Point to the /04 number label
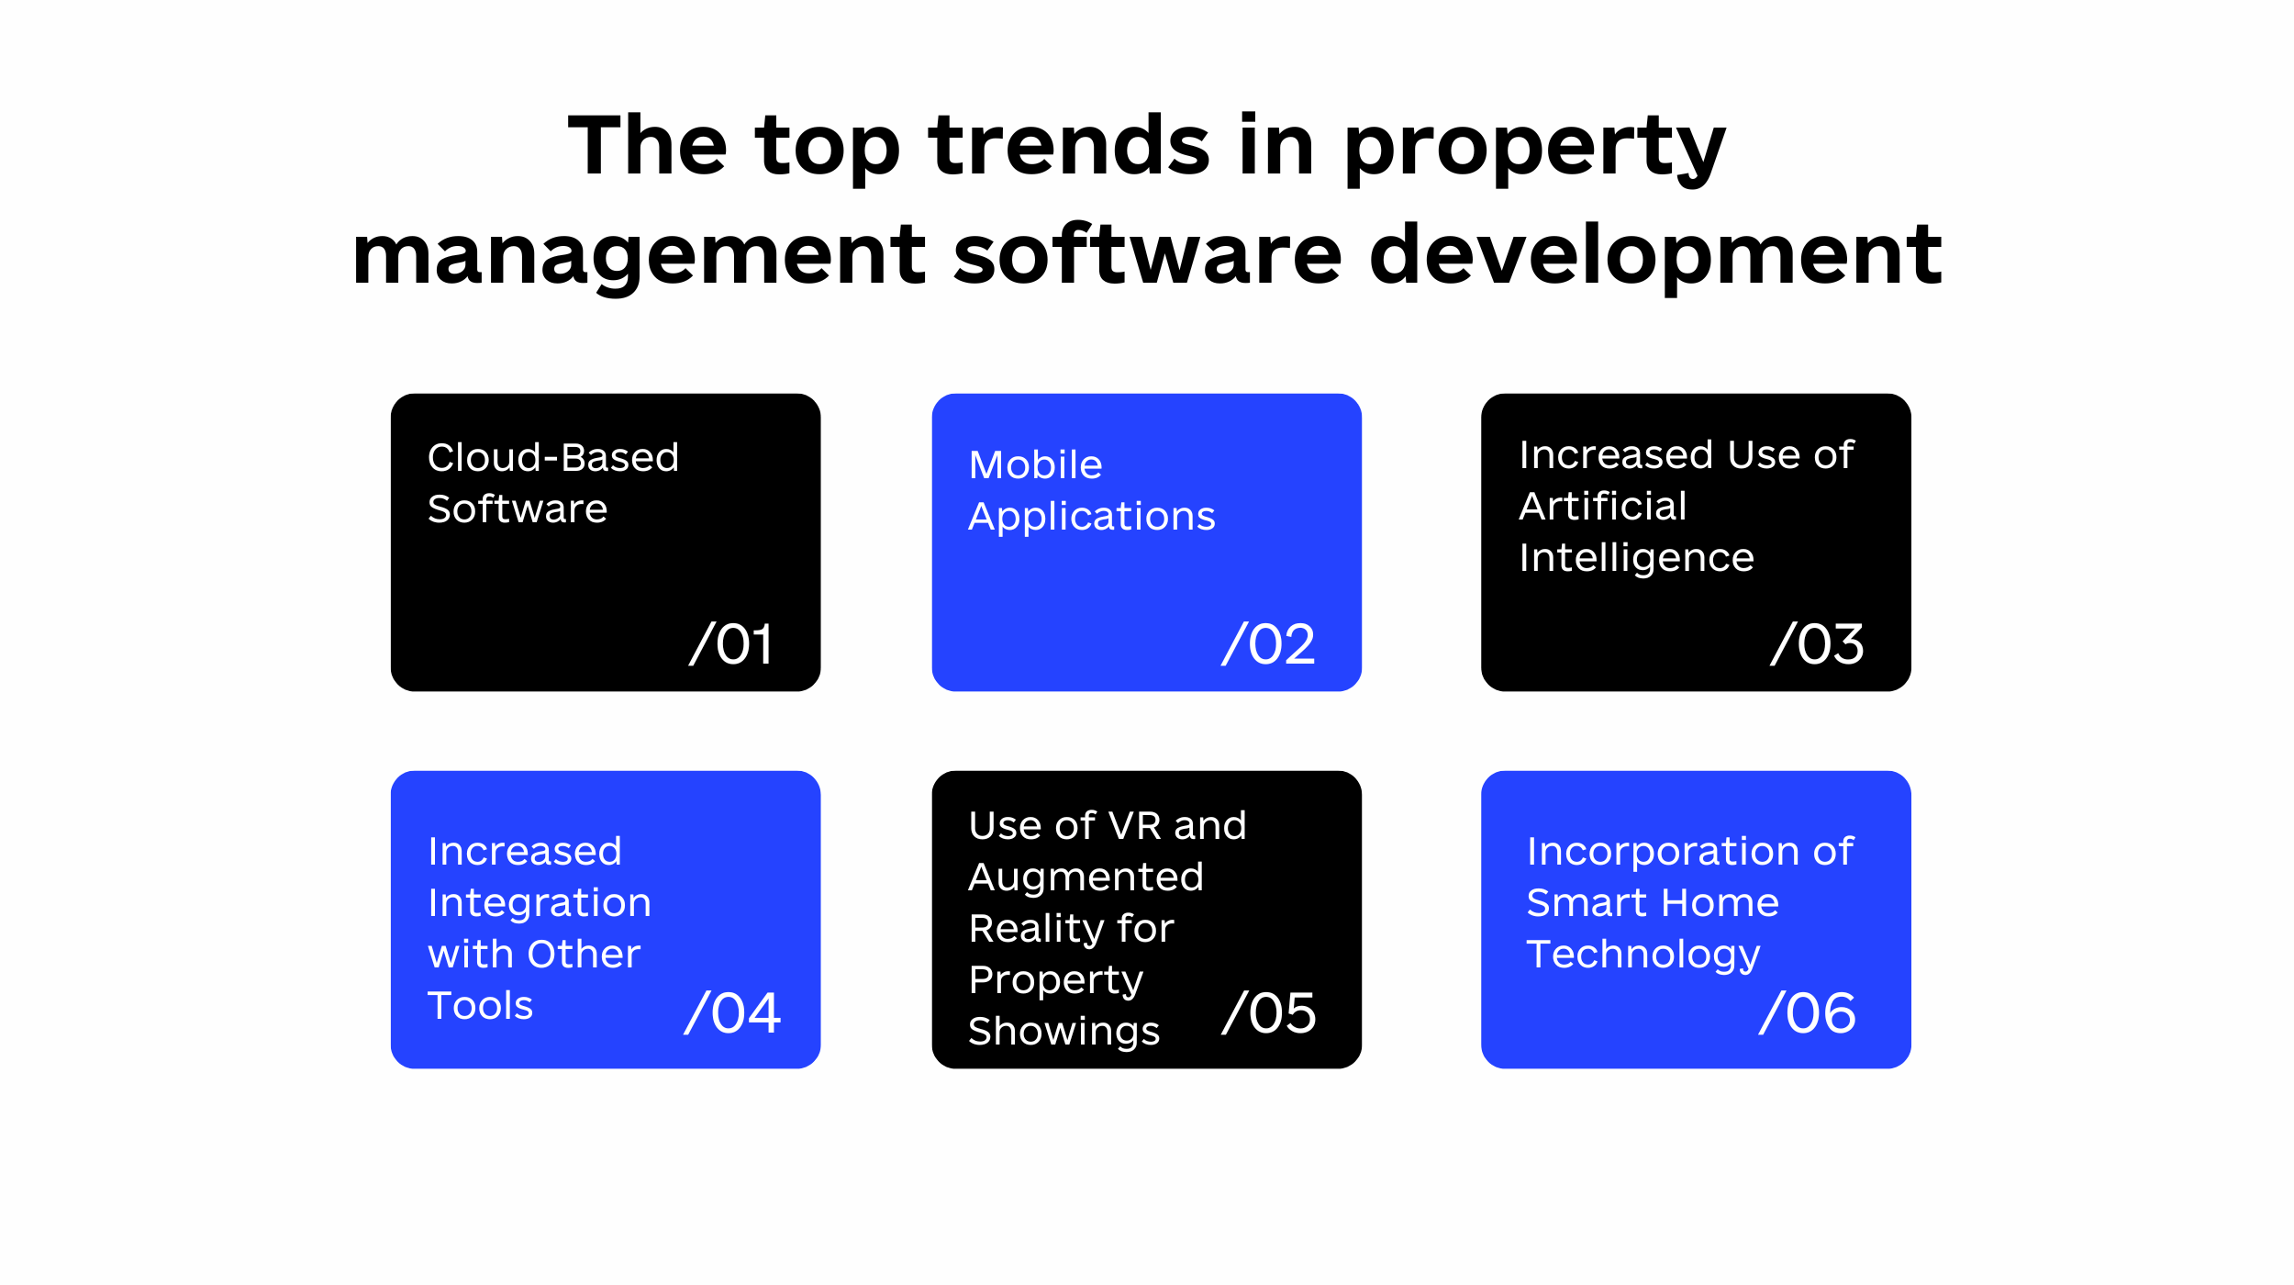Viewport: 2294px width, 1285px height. click(732, 1013)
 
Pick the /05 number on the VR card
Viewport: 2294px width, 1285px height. click(1269, 1013)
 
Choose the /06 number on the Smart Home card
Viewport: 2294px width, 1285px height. click(1808, 1013)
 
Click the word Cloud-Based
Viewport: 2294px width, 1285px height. click(553, 457)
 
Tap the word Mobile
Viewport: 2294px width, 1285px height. click(1035, 464)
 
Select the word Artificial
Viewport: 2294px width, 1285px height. click(1602, 506)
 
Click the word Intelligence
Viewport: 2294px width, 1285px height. click(1636, 558)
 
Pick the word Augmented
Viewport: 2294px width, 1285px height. click(1086, 877)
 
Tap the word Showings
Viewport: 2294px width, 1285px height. click(1063, 1032)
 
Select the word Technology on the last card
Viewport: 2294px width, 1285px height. click(1643, 955)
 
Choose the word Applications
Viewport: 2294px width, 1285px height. click(1091, 517)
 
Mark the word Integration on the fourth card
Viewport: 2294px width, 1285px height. click(540, 903)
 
